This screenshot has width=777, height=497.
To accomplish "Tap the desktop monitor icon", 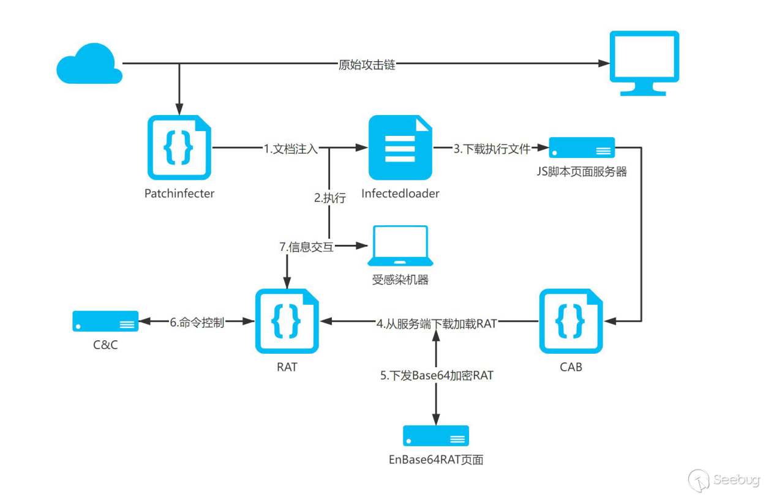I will coord(644,63).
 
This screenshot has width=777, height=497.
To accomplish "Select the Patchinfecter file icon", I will coord(179,148).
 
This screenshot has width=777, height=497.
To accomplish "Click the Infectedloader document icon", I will coord(400,148).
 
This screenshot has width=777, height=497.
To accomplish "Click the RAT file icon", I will coord(287,321).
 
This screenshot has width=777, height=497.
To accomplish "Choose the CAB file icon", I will coord(571,321).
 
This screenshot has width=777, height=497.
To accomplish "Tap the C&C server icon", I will coord(105,321).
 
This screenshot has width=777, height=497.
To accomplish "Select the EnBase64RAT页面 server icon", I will coord(435,436).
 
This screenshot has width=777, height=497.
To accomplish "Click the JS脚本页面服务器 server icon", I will coord(582,148).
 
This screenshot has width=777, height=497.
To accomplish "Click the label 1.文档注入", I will coord(291,148).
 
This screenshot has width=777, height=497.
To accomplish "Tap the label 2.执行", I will coord(330,198).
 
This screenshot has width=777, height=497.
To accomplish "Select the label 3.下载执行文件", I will coord(492,148).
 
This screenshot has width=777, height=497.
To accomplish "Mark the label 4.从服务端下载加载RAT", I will coord(436,323).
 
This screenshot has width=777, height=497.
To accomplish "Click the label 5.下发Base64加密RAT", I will coord(437,375).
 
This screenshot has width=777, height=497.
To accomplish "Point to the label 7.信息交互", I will coord(306,247).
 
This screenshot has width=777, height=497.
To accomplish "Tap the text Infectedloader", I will coord(400,193).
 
